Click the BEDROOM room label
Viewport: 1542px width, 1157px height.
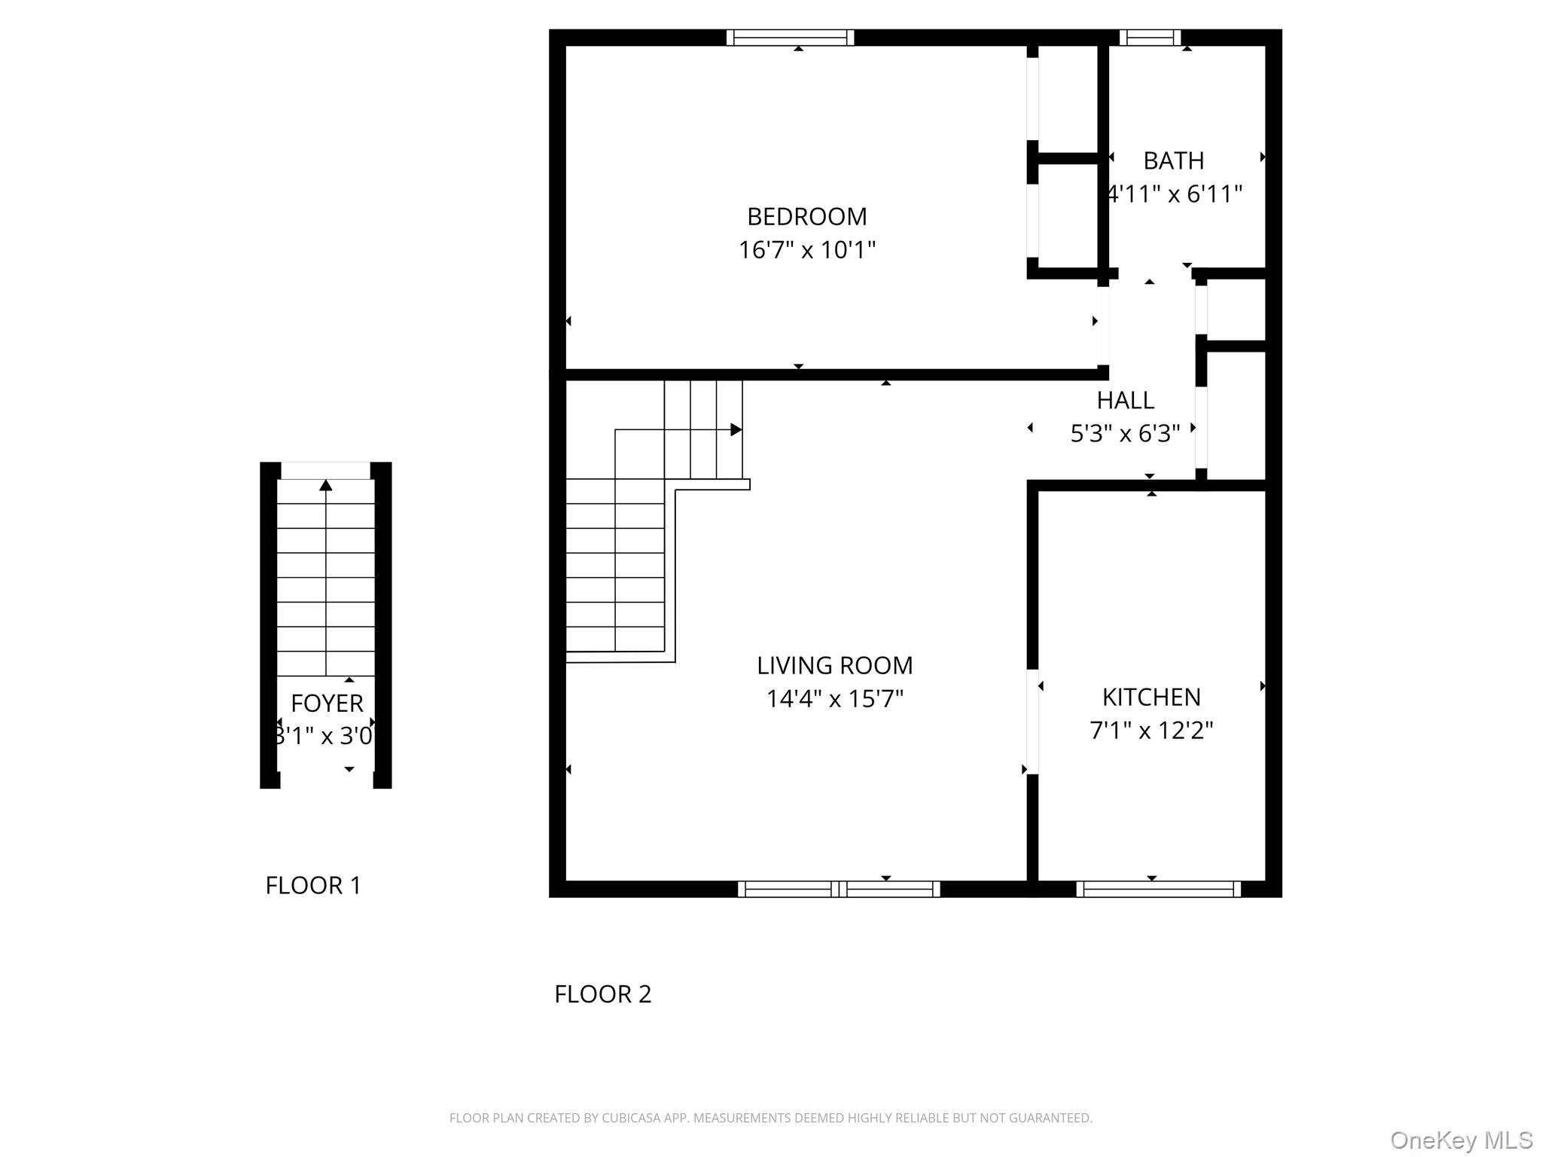[806, 216]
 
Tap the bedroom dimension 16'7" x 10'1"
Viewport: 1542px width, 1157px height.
[806, 249]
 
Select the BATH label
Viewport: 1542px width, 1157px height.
[1173, 160]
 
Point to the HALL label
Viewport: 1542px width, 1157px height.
[1125, 400]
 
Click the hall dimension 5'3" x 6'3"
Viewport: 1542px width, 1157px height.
[1125, 433]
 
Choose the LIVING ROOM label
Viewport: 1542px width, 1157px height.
[834, 665]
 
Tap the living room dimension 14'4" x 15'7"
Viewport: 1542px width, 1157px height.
[834, 698]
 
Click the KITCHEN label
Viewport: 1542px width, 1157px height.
[1151, 697]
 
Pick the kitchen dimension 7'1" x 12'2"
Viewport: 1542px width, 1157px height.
[1151, 730]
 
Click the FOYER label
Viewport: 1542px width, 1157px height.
[327, 703]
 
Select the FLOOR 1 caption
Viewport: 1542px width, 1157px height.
[313, 885]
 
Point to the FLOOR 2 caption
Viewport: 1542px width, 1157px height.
[602, 994]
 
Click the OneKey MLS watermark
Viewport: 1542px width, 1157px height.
[1461, 1140]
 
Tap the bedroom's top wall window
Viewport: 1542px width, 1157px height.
[790, 38]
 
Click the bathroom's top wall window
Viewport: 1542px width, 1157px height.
[1150, 38]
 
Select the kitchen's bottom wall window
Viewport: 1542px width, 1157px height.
[1158, 889]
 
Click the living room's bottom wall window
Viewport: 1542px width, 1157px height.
[839, 889]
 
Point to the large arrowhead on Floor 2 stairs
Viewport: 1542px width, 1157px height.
[736, 429]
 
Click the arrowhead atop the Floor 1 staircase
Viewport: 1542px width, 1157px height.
[326, 485]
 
